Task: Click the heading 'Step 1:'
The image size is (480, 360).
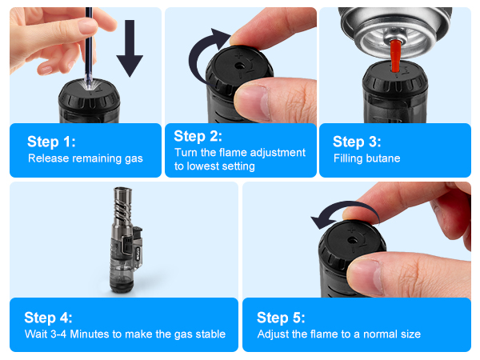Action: point(51,142)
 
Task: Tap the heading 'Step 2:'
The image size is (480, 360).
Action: point(198,136)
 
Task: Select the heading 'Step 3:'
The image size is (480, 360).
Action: point(357,142)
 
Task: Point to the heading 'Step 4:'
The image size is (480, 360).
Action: point(48,318)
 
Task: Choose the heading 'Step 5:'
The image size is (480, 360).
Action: point(281,318)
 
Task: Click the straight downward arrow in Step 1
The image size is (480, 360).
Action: point(130,48)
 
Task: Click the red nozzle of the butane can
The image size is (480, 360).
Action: point(395,56)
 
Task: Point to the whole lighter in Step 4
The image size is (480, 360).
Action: point(126,240)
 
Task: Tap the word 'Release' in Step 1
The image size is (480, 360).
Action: point(48,158)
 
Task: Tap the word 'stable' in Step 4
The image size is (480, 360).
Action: point(212,334)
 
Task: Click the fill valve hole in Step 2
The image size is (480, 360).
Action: point(239,66)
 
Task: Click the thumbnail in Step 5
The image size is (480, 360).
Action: point(364,276)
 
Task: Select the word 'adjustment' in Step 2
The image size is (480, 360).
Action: point(278,153)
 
